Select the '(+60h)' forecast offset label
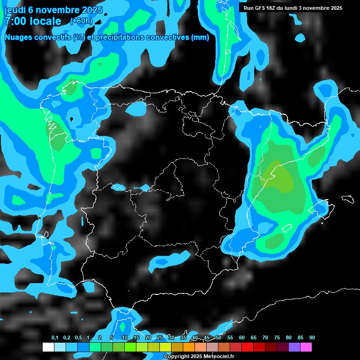(x=81, y=21)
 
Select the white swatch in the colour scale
(x=48, y=347)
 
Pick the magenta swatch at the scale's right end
(x=306, y=347)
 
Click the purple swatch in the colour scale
(x=294, y=347)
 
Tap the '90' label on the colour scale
(x=312, y=337)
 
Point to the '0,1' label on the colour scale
(x=55, y=337)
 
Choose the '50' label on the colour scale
(x=218, y=337)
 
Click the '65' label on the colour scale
(x=254, y=337)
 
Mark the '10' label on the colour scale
(x=124, y=337)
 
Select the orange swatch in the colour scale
(x=189, y=347)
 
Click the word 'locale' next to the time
(x=45, y=21)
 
